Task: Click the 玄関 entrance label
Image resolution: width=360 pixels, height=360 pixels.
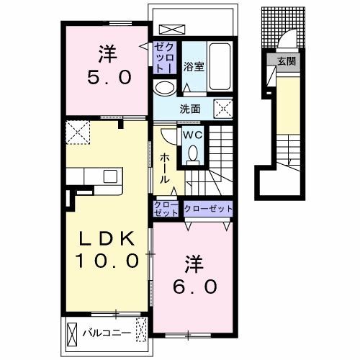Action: pyautogui.click(x=287, y=62)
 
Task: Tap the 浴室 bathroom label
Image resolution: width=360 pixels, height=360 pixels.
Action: pyautogui.click(x=194, y=66)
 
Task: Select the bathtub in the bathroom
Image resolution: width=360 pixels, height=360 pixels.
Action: pyautogui.click(x=220, y=66)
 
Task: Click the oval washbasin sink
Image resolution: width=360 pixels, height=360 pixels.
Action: pyautogui.click(x=164, y=88)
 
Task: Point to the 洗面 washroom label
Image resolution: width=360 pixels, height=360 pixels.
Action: pyautogui.click(x=190, y=109)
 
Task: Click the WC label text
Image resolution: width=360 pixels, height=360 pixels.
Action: pyautogui.click(x=192, y=135)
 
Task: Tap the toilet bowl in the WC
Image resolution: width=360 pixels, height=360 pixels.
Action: pyautogui.click(x=193, y=153)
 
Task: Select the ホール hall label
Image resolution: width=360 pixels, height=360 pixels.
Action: pyautogui.click(x=165, y=168)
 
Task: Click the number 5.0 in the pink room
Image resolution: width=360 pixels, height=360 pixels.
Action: pyautogui.click(x=109, y=77)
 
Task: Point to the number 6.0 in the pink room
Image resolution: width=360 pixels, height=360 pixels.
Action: pyautogui.click(x=195, y=287)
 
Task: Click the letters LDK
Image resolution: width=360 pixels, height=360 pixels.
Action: pyautogui.click(x=107, y=239)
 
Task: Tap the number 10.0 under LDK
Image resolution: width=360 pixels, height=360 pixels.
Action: pyautogui.click(x=107, y=261)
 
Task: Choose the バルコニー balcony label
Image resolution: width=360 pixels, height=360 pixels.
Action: pyautogui.click(x=107, y=333)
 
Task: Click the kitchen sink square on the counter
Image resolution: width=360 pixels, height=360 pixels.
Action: pyautogui.click(x=110, y=176)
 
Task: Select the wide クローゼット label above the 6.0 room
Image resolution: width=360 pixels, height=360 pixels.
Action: pyautogui.click(x=208, y=209)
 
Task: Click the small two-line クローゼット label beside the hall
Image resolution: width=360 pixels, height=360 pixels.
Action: pyautogui.click(x=166, y=209)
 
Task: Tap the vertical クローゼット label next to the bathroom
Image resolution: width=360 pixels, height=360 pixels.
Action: pyautogui.click(x=165, y=58)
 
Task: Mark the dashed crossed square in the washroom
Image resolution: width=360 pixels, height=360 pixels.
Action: pyautogui.click(x=223, y=109)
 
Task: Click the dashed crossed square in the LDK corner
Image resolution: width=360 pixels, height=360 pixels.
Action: pyautogui.click(x=78, y=132)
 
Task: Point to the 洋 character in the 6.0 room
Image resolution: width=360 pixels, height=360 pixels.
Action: pyautogui.click(x=194, y=264)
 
